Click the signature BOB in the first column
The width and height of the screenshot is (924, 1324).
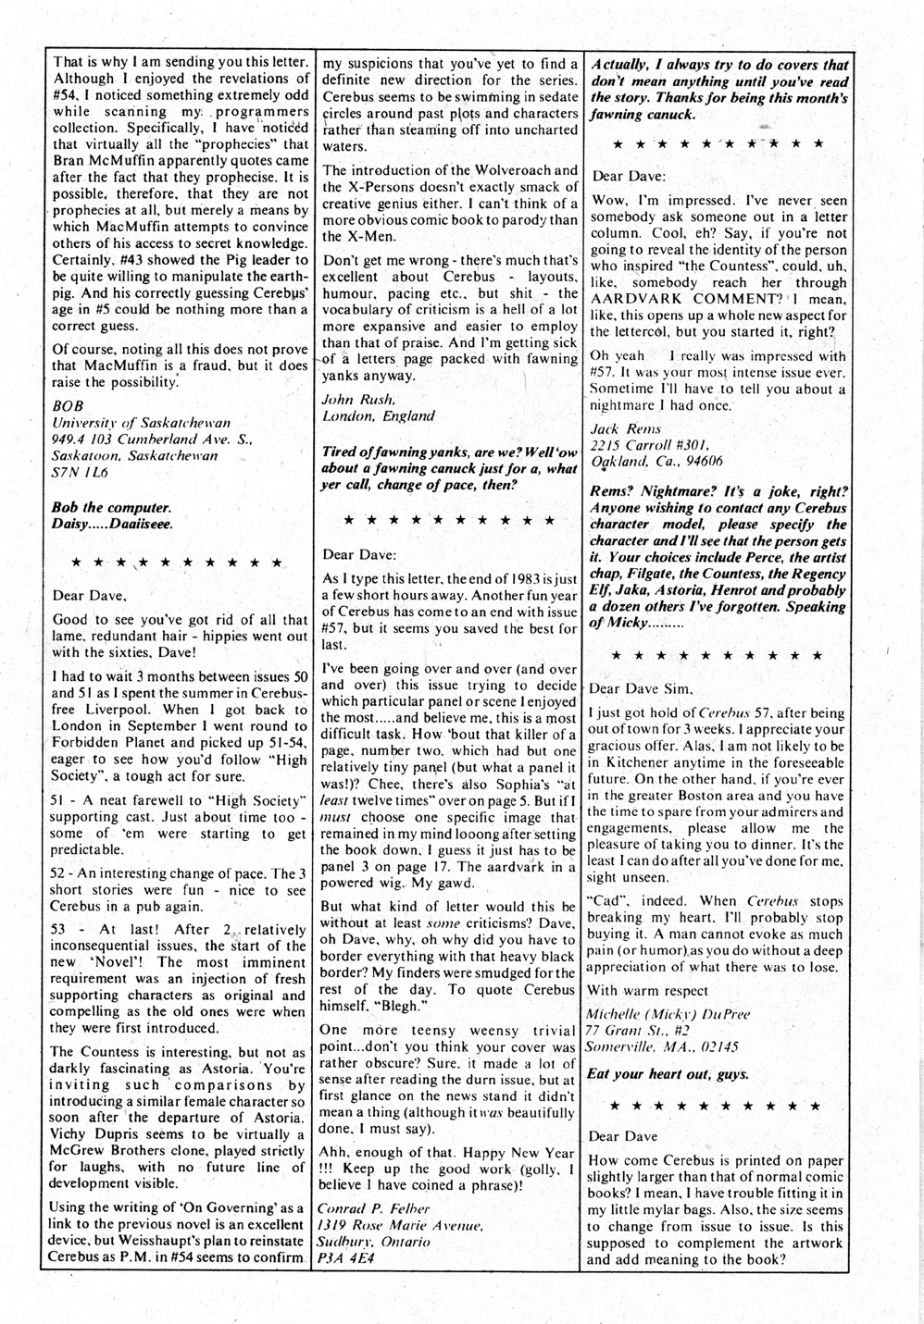click(x=67, y=405)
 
